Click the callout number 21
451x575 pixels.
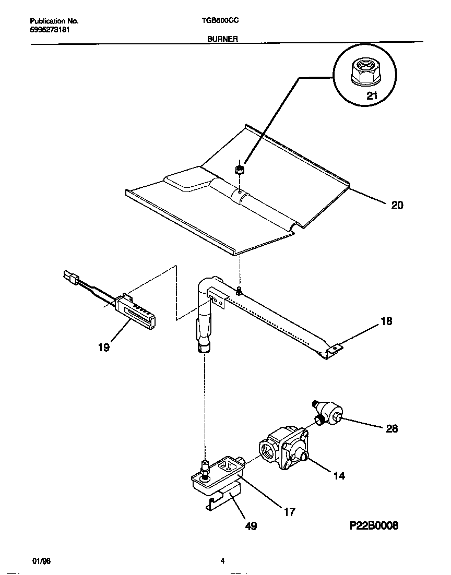(371, 95)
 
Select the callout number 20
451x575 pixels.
(397, 206)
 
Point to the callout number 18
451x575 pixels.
(386, 321)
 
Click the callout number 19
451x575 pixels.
(104, 348)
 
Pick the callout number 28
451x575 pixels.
(391, 429)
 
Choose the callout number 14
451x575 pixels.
(339, 476)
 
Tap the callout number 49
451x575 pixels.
(251, 526)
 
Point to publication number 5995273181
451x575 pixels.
(50, 30)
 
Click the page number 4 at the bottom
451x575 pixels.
(222, 561)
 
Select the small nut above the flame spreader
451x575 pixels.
(239, 170)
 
